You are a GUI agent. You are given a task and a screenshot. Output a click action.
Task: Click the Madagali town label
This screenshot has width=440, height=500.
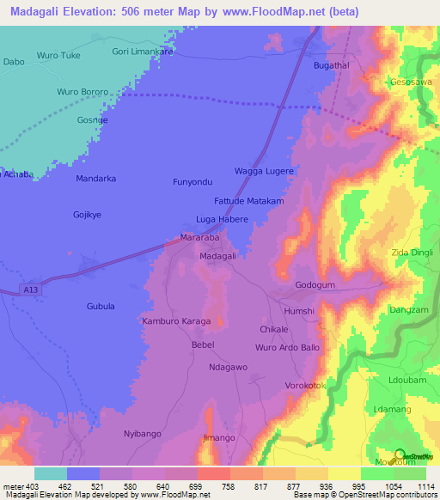(x=217, y=257)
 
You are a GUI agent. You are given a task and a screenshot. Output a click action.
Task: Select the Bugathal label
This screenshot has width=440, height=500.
(x=332, y=65)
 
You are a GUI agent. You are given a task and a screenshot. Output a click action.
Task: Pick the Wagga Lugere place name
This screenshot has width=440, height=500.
(x=264, y=172)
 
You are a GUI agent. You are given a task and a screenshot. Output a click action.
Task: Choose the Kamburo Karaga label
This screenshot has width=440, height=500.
(x=175, y=321)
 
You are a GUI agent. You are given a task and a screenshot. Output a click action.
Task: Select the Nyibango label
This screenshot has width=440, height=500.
(x=143, y=434)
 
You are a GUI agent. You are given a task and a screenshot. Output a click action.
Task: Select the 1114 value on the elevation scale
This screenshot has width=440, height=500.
(x=425, y=486)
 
